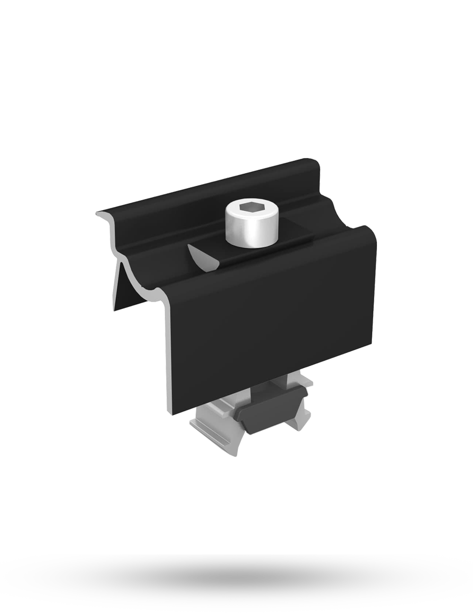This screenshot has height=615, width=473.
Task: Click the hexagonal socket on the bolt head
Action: coord(250,208)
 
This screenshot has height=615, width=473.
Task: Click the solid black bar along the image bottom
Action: coord(236,584)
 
